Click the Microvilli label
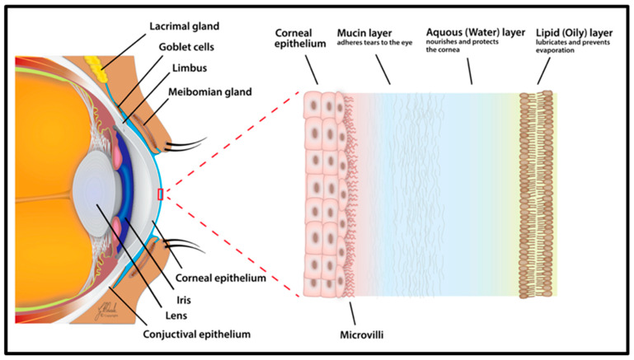tap(363, 335)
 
